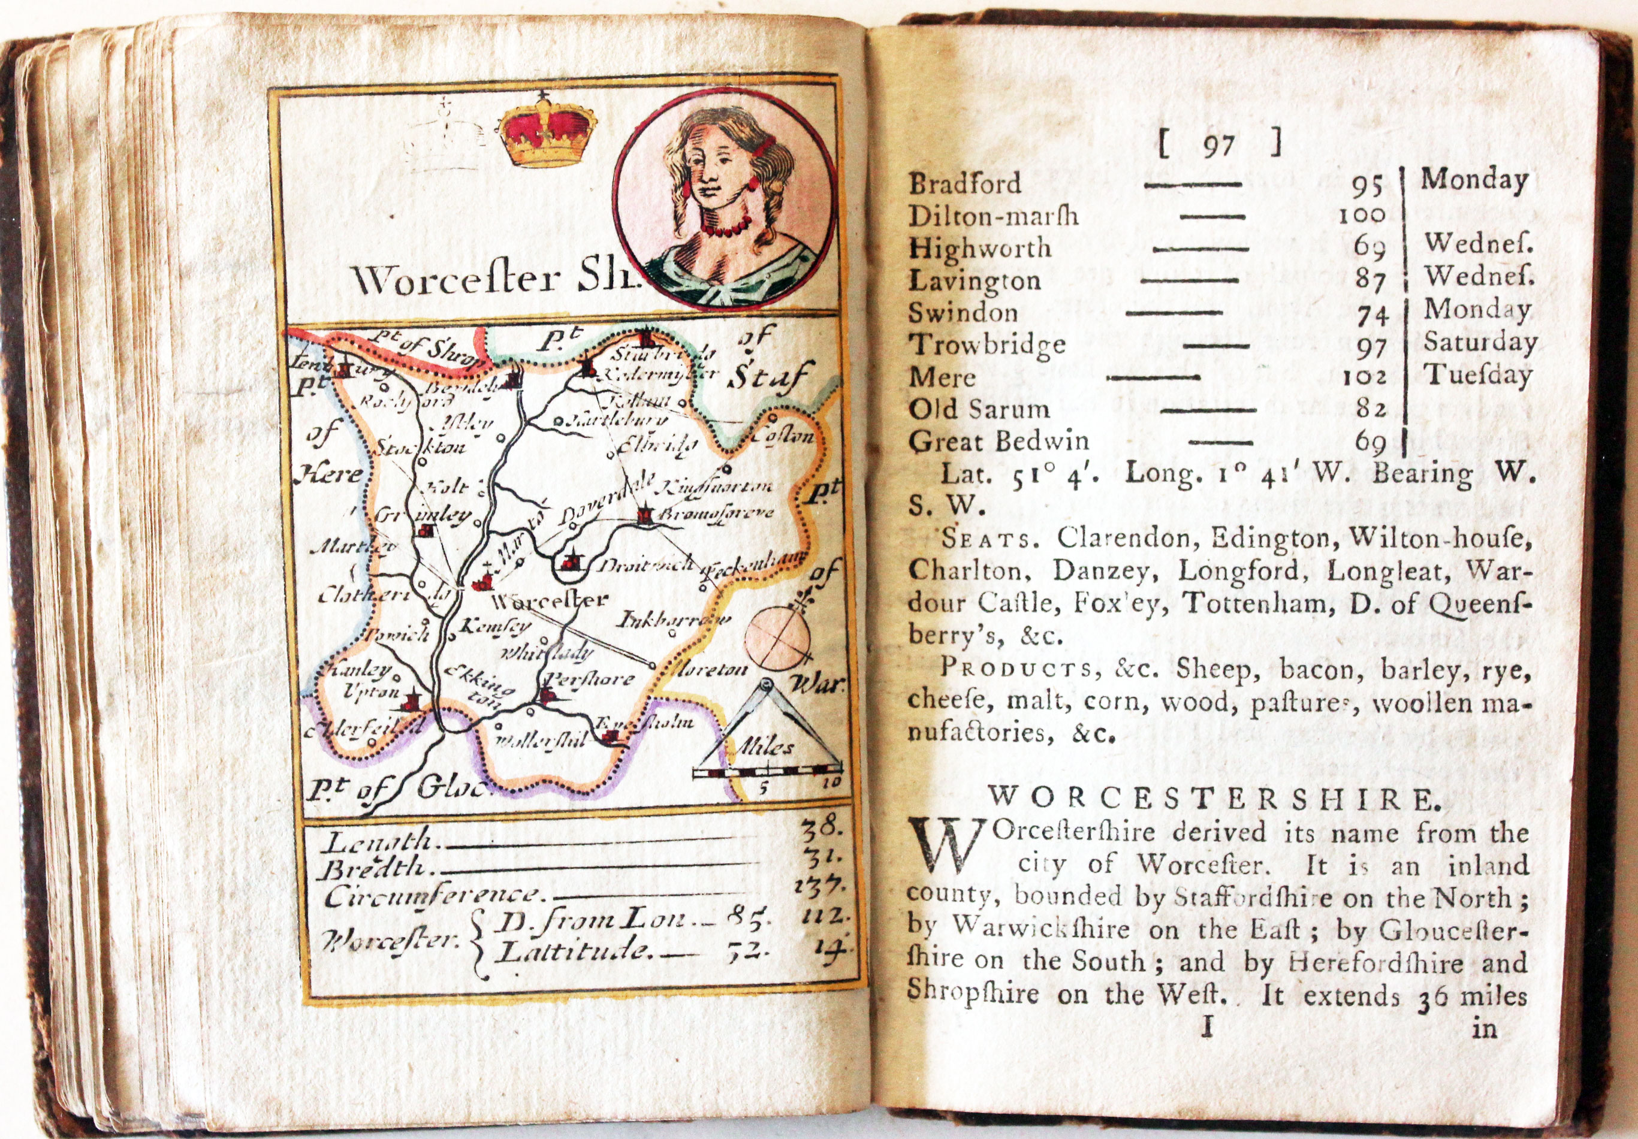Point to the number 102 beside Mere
1364,377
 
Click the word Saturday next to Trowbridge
1480,342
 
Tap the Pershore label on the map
593,678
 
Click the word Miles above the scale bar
765,747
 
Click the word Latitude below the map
574,952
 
